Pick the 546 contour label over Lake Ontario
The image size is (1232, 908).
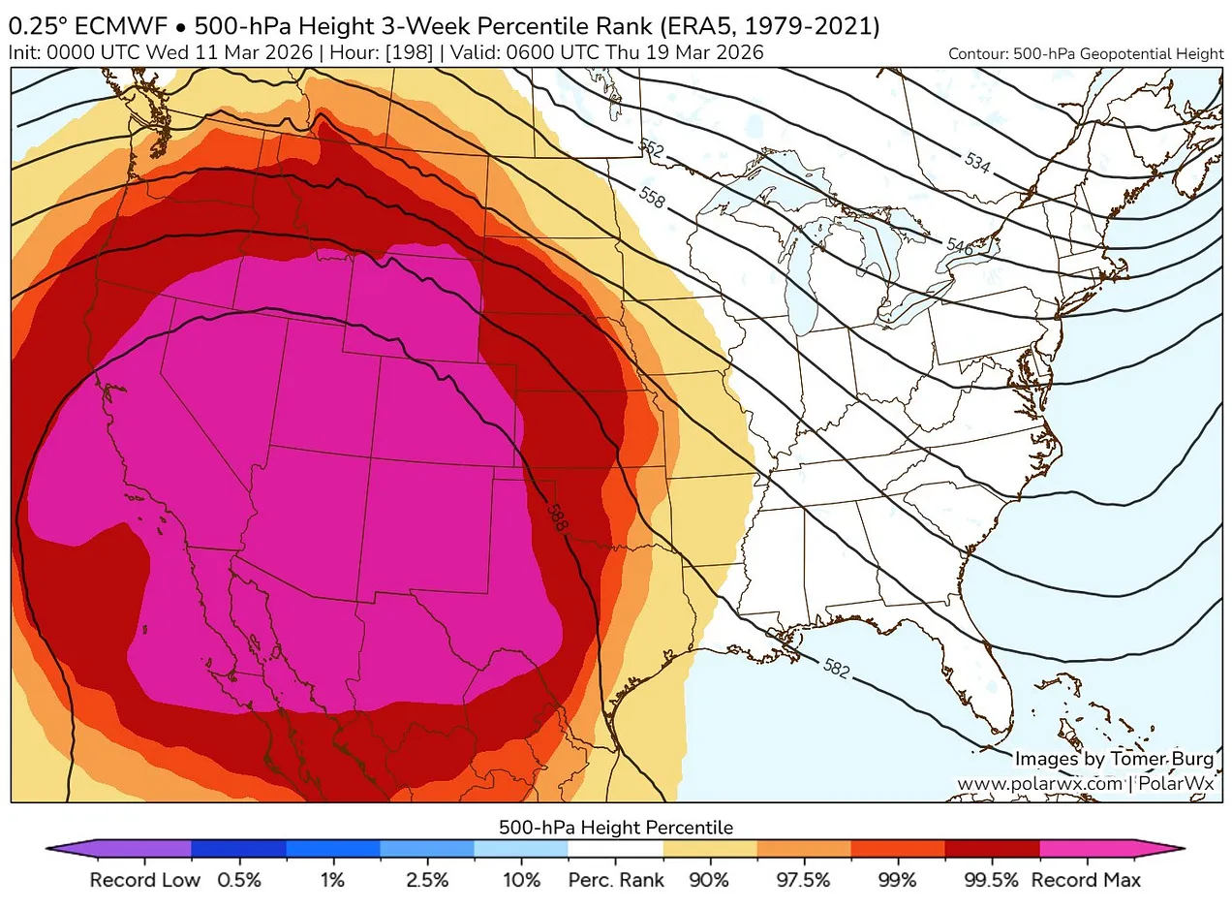(959, 246)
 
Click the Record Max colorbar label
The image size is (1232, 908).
(1085, 881)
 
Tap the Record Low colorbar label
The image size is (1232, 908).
(144, 881)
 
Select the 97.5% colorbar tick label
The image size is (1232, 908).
(803, 881)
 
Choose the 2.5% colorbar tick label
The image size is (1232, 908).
(427, 881)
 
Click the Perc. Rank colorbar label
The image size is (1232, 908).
(615, 881)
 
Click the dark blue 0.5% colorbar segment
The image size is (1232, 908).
(238, 849)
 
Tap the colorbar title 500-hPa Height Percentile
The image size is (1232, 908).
(615, 828)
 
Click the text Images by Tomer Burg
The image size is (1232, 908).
(1114, 759)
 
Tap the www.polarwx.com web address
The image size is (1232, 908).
(1040, 782)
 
